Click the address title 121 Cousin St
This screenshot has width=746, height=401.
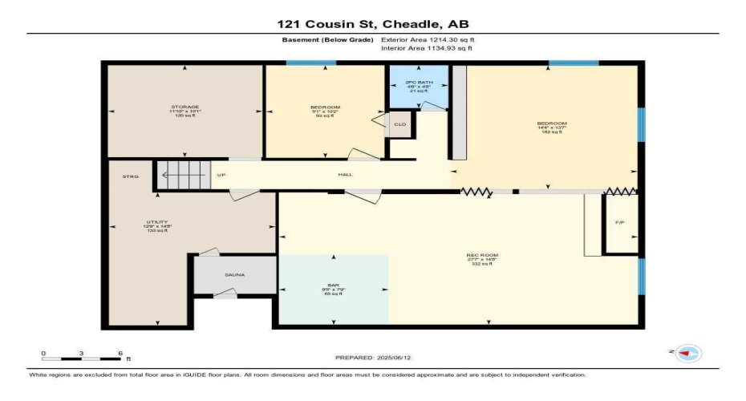coord(373,24)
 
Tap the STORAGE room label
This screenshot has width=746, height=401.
coord(184,107)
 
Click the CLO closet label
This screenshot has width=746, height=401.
coord(399,124)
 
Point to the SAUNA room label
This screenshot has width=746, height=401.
coord(234,275)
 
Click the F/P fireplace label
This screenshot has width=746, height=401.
coord(619,222)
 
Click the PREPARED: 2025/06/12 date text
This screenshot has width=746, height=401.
coord(373,357)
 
